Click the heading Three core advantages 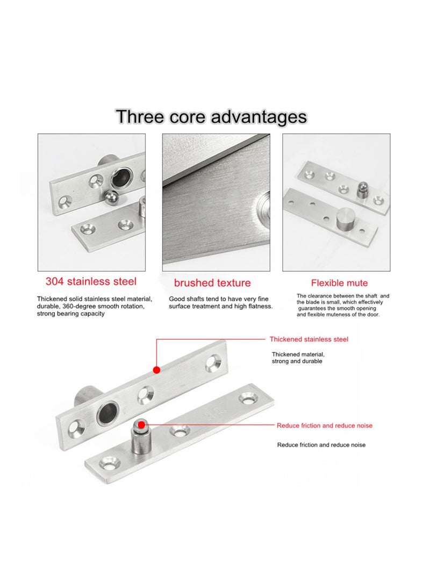tap(211, 116)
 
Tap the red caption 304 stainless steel tap(91, 281)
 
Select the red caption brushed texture tap(212, 282)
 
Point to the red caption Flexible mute tap(339, 283)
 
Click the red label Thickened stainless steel tap(309, 339)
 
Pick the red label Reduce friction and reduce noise tap(325, 425)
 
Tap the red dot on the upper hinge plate tap(156, 370)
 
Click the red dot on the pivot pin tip tap(141, 425)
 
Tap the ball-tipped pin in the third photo tap(362, 190)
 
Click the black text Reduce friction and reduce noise tap(321, 445)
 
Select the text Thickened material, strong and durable tap(298, 357)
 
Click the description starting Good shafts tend tap(220, 302)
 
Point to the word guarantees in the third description tap(313, 308)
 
